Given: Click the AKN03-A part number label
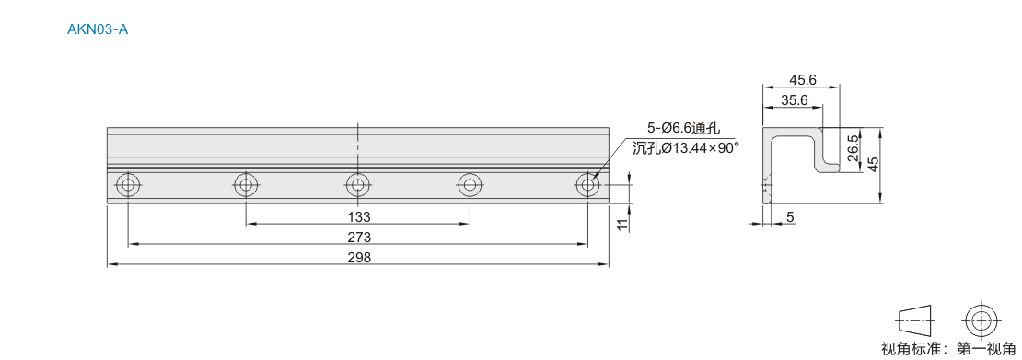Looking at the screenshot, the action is pyautogui.click(x=97, y=29).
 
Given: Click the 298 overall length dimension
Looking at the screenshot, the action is pyautogui.click(x=358, y=258).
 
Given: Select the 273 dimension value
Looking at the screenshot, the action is pyautogui.click(x=358, y=237).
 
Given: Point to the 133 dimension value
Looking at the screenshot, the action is pyautogui.click(x=358, y=216).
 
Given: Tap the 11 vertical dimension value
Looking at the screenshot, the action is pyautogui.click(x=622, y=225).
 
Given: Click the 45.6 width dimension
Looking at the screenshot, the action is pyautogui.click(x=802, y=79).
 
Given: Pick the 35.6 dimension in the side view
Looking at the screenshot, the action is pyautogui.click(x=795, y=99).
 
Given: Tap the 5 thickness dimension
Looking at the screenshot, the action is pyautogui.click(x=789, y=217).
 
